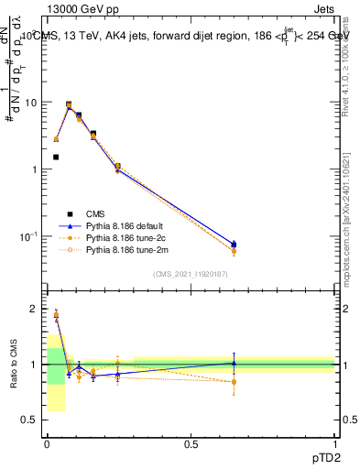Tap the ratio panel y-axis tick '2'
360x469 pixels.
[35, 309]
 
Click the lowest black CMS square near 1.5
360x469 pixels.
[56, 158]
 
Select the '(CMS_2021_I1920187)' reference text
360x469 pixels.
[190, 273]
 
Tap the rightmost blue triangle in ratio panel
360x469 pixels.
[234, 363]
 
